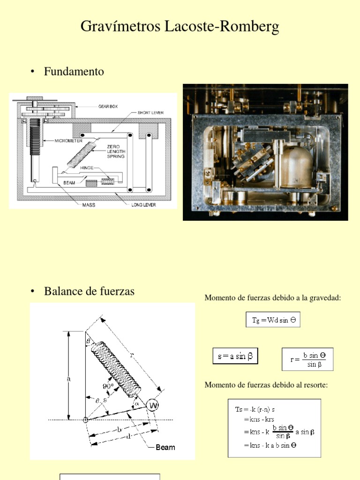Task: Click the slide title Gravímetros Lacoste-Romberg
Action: coord(180,26)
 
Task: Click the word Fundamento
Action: coord(74,72)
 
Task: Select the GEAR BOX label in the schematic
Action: coord(108,106)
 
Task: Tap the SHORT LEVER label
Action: coord(151,113)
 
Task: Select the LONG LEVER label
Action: coord(143,205)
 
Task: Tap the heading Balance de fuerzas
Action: coord(89,291)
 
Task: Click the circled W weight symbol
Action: coord(152,405)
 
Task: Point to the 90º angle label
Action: coord(108,386)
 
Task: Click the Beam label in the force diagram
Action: coord(165,447)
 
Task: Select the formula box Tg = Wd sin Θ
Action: coord(273,320)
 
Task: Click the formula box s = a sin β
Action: coord(235,356)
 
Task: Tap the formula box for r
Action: coord(307,360)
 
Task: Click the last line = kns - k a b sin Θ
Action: coord(270,445)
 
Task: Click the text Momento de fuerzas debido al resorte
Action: coord(266,385)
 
